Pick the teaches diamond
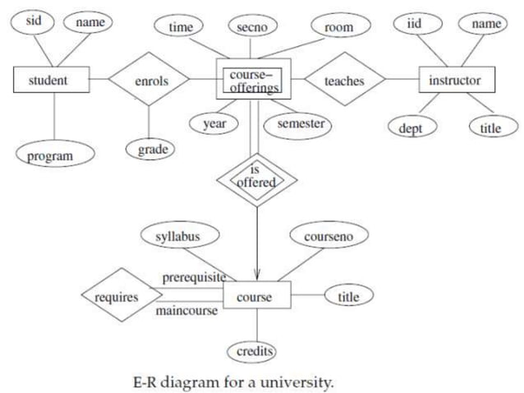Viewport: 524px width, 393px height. pyautogui.click(x=344, y=81)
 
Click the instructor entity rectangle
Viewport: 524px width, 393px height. pyautogui.click(x=454, y=80)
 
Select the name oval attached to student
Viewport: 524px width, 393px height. pyautogui.click(x=90, y=22)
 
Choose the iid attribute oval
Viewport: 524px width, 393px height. pyautogui.click(x=414, y=24)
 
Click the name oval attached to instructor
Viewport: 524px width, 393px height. pyautogui.click(x=485, y=24)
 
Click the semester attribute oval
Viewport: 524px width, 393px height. pyautogui.click(x=299, y=124)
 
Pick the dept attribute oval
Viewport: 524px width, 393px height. pyautogui.click(x=411, y=128)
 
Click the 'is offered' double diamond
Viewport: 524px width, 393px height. pyautogui.click(x=256, y=177)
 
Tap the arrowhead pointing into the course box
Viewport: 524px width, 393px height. pyautogui.click(x=258, y=275)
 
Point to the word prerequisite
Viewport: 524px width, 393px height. pyautogui.click(x=195, y=277)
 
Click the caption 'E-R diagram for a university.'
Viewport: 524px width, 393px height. pyautogui.click(x=234, y=382)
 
